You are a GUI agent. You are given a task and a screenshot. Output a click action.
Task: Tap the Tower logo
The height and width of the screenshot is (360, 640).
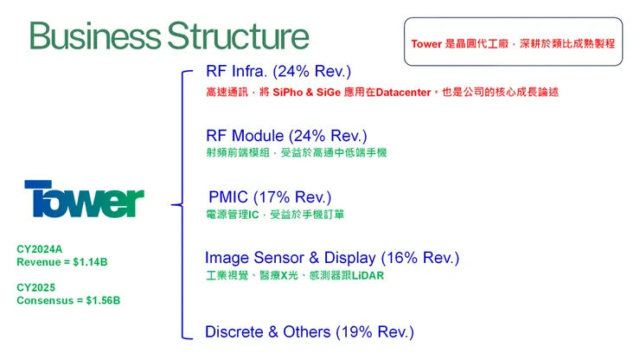(x=84, y=200)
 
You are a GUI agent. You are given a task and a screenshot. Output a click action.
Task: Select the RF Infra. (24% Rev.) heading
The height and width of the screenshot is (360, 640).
(x=278, y=71)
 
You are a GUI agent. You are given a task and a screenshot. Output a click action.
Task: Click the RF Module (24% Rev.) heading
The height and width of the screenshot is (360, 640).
(x=286, y=136)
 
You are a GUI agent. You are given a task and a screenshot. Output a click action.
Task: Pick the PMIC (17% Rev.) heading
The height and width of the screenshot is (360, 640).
(x=270, y=197)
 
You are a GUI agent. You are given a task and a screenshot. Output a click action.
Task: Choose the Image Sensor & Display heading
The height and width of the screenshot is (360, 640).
(x=291, y=258)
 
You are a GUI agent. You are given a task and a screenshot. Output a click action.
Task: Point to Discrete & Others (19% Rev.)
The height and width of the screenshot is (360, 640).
(x=309, y=331)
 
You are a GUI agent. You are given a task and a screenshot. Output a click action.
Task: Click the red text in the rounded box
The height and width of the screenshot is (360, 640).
(x=513, y=42)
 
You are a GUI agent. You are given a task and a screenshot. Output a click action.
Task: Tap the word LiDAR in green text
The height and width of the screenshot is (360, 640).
(x=368, y=276)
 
